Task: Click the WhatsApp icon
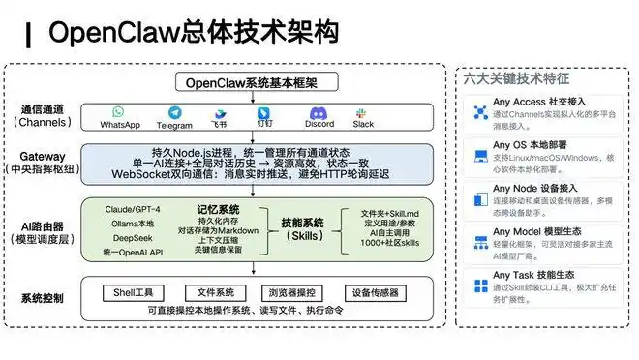click(119, 112)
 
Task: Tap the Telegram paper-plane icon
click(174, 112)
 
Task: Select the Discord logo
click(319, 112)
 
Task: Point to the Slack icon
click(363, 112)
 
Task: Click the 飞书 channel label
click(220, 125)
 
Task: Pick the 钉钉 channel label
click(263, 125)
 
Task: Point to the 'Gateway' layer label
click(42, 156)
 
